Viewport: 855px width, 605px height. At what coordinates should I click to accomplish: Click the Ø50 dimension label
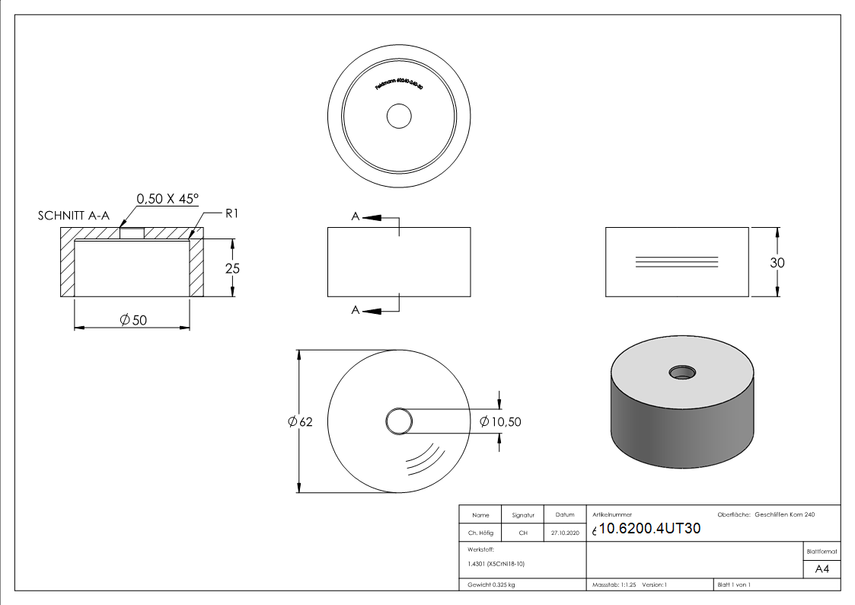(133, 320)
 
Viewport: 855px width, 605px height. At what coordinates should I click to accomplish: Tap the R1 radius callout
(231, 214)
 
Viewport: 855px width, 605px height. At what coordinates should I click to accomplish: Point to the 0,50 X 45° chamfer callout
(167, 199)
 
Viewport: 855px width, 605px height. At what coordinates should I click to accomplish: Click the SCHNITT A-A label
(73, 216)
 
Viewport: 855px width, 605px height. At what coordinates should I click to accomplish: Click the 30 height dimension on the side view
(777, 262)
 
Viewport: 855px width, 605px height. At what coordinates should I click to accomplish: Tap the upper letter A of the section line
(355, 217)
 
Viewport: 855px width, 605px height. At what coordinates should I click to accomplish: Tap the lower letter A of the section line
(355, 309)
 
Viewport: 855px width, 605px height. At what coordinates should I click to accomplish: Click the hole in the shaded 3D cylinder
(682, 372)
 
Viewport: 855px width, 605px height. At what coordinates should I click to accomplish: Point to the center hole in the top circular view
(399, 117)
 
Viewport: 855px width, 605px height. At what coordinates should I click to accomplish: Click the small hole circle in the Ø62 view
(399, 421)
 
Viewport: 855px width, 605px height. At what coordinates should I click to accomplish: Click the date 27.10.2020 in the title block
(564, 533)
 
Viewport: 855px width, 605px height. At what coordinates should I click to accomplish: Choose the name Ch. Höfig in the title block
(480, 533)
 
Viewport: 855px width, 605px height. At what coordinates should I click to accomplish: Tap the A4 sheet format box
(822, 568)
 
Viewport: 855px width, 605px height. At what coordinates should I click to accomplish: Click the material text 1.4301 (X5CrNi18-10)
(496, 564)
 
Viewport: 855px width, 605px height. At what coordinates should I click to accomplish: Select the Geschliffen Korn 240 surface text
(784, 515)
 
